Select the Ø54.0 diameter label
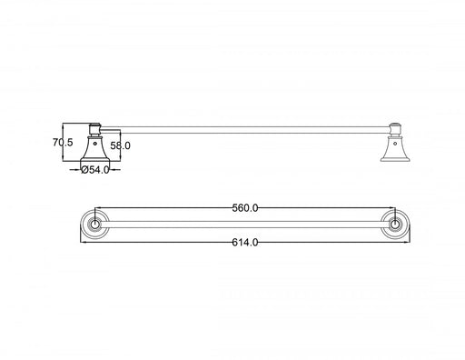pos(95,169)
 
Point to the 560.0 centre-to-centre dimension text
pos(245,208)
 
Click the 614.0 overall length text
pos(245,243)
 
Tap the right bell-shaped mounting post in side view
pos(393,147)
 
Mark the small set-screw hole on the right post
pos(393,141)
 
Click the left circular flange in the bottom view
pos(94,225)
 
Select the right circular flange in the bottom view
pos(395,225)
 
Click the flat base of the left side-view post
pos(94,160)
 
